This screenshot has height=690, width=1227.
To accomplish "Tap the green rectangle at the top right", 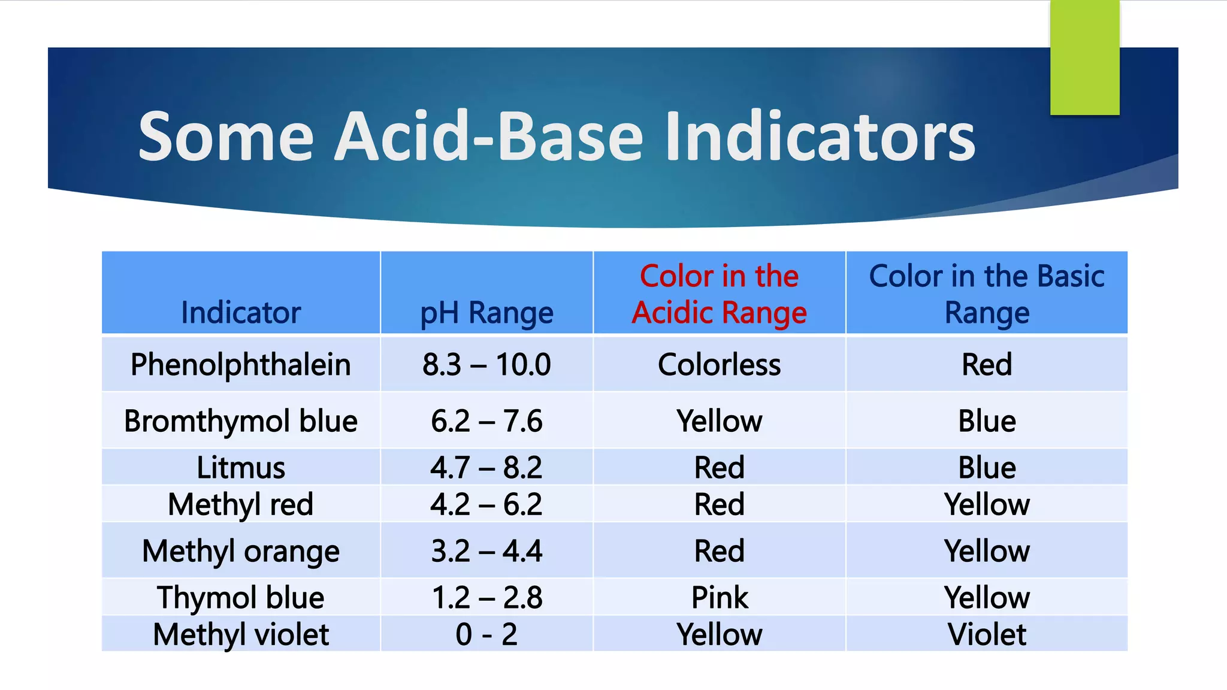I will [1084, 57].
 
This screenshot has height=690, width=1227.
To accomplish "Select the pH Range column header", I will [486, 313].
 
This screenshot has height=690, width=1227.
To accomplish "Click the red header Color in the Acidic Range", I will [719, 294].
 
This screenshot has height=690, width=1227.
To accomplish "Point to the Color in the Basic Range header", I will [987, 294].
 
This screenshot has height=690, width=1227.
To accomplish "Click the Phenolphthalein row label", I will [241, 364].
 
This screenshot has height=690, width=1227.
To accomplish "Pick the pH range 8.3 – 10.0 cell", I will [486, 364].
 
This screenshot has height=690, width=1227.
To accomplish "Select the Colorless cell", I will [719, 364].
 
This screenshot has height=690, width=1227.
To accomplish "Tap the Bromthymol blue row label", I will [241, 420].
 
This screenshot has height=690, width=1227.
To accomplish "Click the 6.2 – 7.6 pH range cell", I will [486, 420].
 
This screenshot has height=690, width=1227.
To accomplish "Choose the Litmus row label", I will [241, 467].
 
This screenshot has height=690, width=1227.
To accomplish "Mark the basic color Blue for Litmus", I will [987, 467].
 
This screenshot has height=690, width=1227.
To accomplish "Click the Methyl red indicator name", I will [241, 504].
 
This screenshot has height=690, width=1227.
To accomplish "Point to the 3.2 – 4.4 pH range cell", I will [486, 550].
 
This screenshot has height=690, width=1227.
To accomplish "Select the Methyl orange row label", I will [241, 550].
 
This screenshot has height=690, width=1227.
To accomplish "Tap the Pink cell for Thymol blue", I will [719, 597].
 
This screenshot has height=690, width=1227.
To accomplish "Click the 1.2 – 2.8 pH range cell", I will [486, 597].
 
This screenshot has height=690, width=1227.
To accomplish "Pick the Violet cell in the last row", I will [987, 634].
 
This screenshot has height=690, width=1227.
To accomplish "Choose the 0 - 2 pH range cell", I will [486, 634].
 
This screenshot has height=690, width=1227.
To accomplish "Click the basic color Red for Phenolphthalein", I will [987, 364].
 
